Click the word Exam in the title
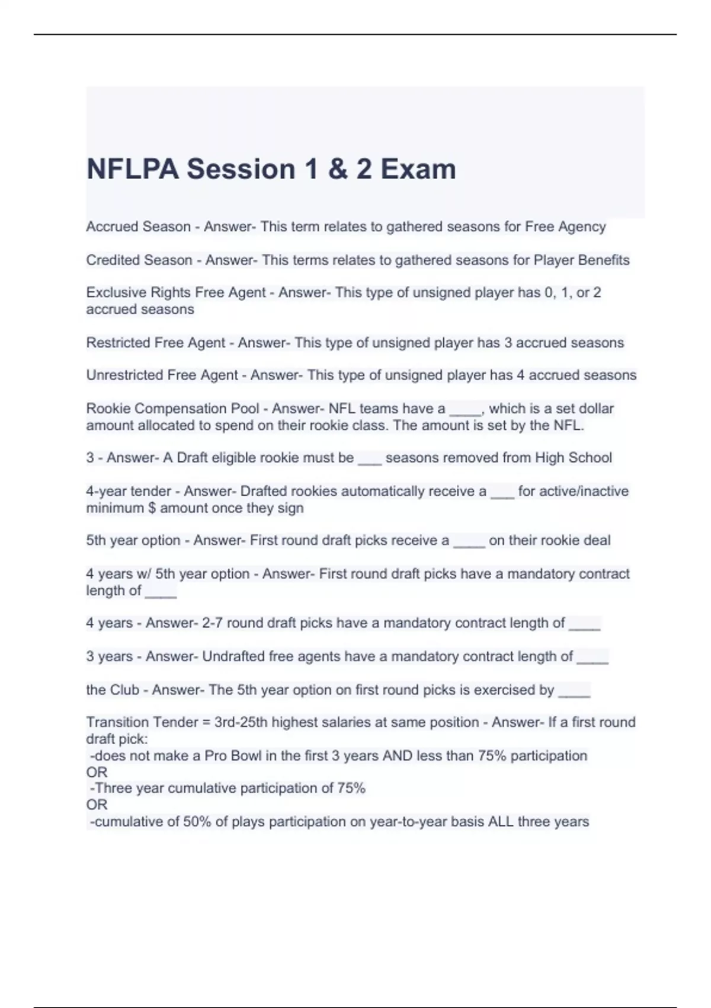[418, 170]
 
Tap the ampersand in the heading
[337, 170]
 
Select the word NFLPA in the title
[133, 170]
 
